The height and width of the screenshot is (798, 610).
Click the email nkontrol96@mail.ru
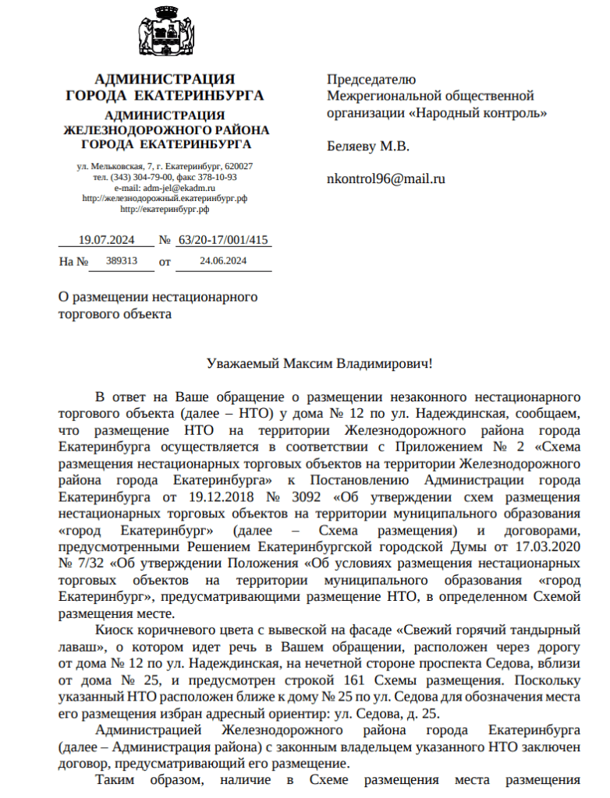(x=386, y=178)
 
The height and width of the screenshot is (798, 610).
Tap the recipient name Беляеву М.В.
(x=367, y=146)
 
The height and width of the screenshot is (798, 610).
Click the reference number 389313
(x=121, y=261)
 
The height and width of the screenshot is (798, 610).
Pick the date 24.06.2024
(x=223, y=261)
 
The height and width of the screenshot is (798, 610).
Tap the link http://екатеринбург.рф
(x=165, y=209)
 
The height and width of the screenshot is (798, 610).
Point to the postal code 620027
(x=238, y=167)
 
